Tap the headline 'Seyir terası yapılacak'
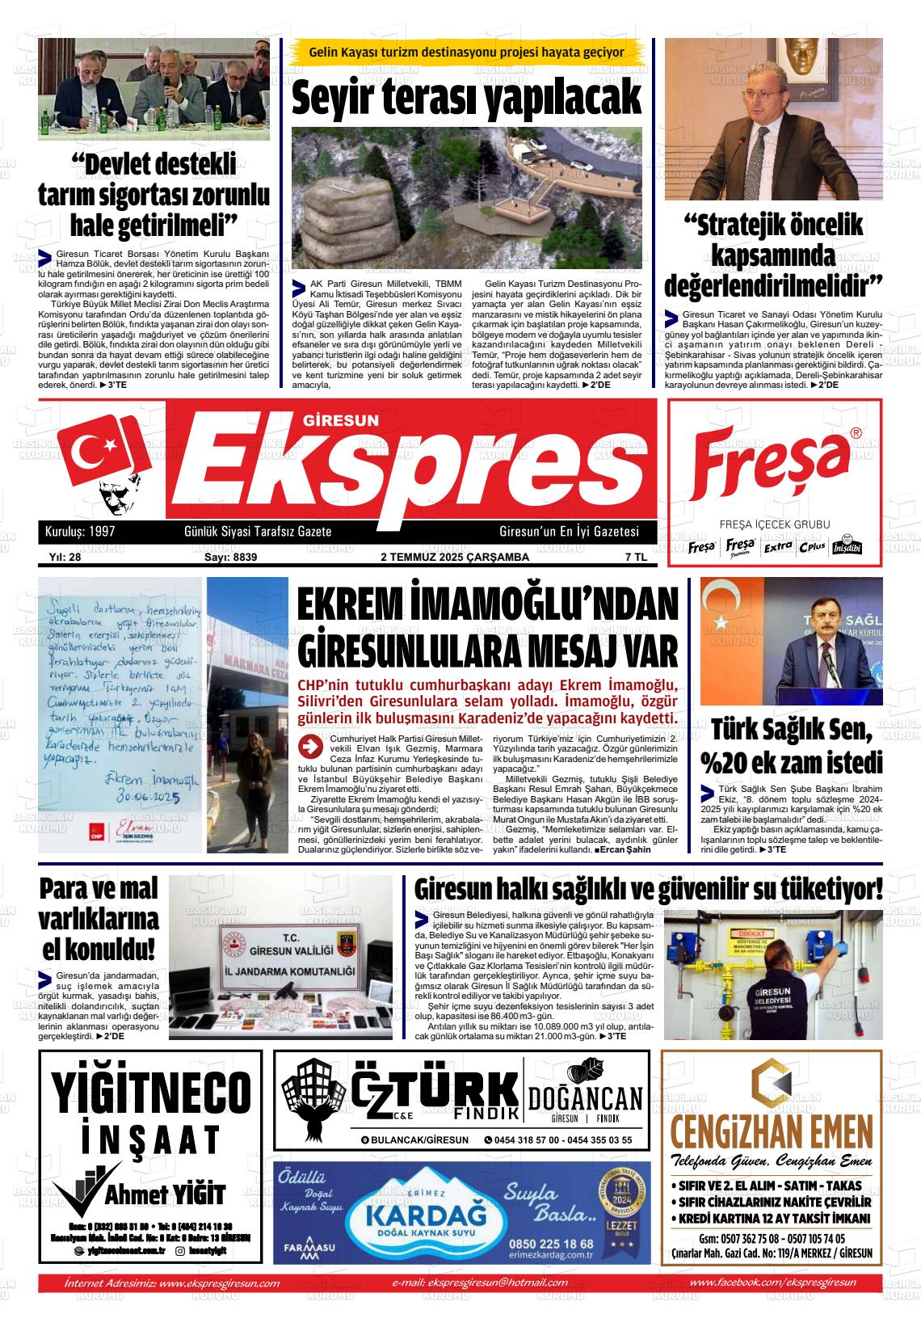coord(467,98)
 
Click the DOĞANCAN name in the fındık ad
coord(586,1099)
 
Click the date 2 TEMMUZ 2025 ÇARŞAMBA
coord(454,557)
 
